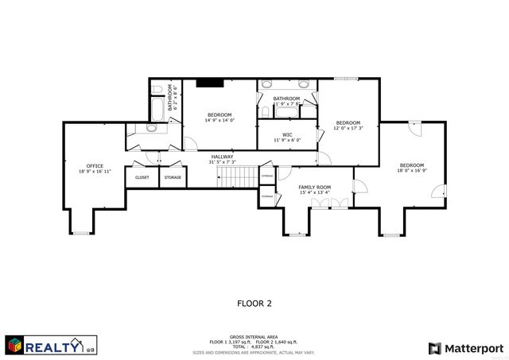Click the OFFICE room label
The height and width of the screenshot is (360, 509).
tap(94, 165)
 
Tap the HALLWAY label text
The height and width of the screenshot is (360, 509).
tap(222, 157)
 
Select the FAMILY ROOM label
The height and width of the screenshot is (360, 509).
tap(315, 187)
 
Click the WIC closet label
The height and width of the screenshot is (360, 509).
tap(287, 134)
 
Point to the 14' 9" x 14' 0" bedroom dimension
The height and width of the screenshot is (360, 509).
tap(220, 121)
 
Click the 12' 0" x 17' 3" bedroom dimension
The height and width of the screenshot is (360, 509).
tap(348, 128)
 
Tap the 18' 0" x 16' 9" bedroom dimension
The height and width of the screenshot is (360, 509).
tap(412, 170)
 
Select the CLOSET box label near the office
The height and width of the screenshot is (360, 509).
tap(142, 177)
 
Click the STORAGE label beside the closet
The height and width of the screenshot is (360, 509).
tap(173, 177)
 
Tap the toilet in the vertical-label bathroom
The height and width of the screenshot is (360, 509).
tap(157, 88)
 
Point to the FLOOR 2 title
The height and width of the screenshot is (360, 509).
tap(254, 303)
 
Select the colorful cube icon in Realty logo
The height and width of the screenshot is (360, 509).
tap(14, 346)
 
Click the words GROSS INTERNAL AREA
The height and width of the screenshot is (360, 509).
tap(254, 337)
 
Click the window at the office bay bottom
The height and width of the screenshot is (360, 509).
tap(82, 233)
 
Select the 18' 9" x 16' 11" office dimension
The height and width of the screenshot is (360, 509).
tap(94, 171)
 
